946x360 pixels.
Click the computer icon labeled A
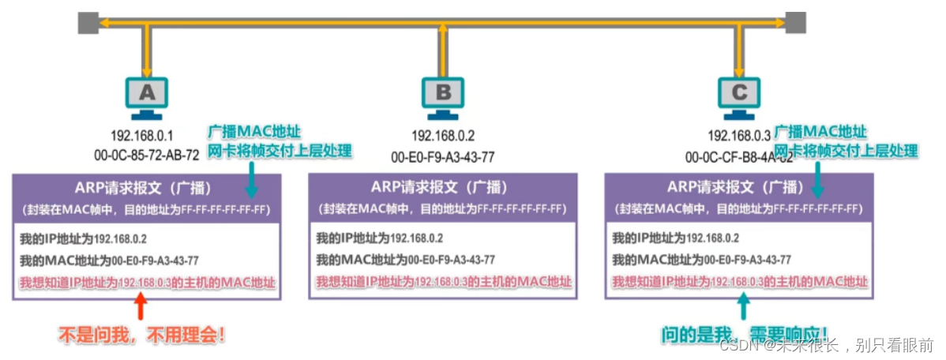(x=147, y=94)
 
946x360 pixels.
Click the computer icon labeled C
(x=739, y=94)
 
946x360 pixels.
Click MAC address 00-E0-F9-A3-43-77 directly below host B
(x=444, y=156)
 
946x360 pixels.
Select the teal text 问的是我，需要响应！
(x=745, y=334)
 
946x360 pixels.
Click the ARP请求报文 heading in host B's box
(x=441, y=187)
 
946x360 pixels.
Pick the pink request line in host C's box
(x=739, y=282)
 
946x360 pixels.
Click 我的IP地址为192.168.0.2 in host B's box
(x=379, y=238)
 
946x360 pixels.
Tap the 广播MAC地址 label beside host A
(x=254, y=131)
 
